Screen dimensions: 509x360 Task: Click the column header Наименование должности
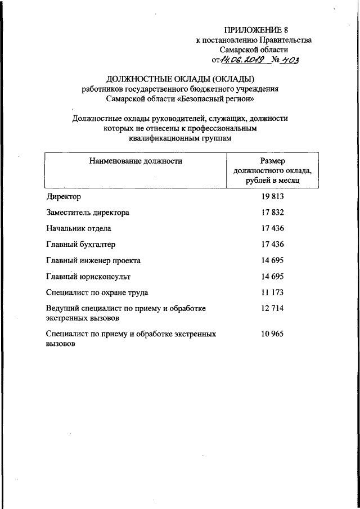coord(135,161)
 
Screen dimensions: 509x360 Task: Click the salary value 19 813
coord(272,197)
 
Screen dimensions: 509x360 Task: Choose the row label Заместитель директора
coord(87,213)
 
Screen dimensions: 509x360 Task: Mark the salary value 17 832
coord(272,213)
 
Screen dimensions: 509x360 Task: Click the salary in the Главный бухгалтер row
coord(272,244)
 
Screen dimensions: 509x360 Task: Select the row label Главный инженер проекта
coord(93,260)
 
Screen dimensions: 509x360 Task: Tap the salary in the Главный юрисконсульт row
coord(272,276)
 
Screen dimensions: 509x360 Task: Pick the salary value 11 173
coord(272,292)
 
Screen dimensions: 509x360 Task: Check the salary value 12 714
coord(272,309)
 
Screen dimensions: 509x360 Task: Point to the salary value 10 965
coord(272,334)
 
